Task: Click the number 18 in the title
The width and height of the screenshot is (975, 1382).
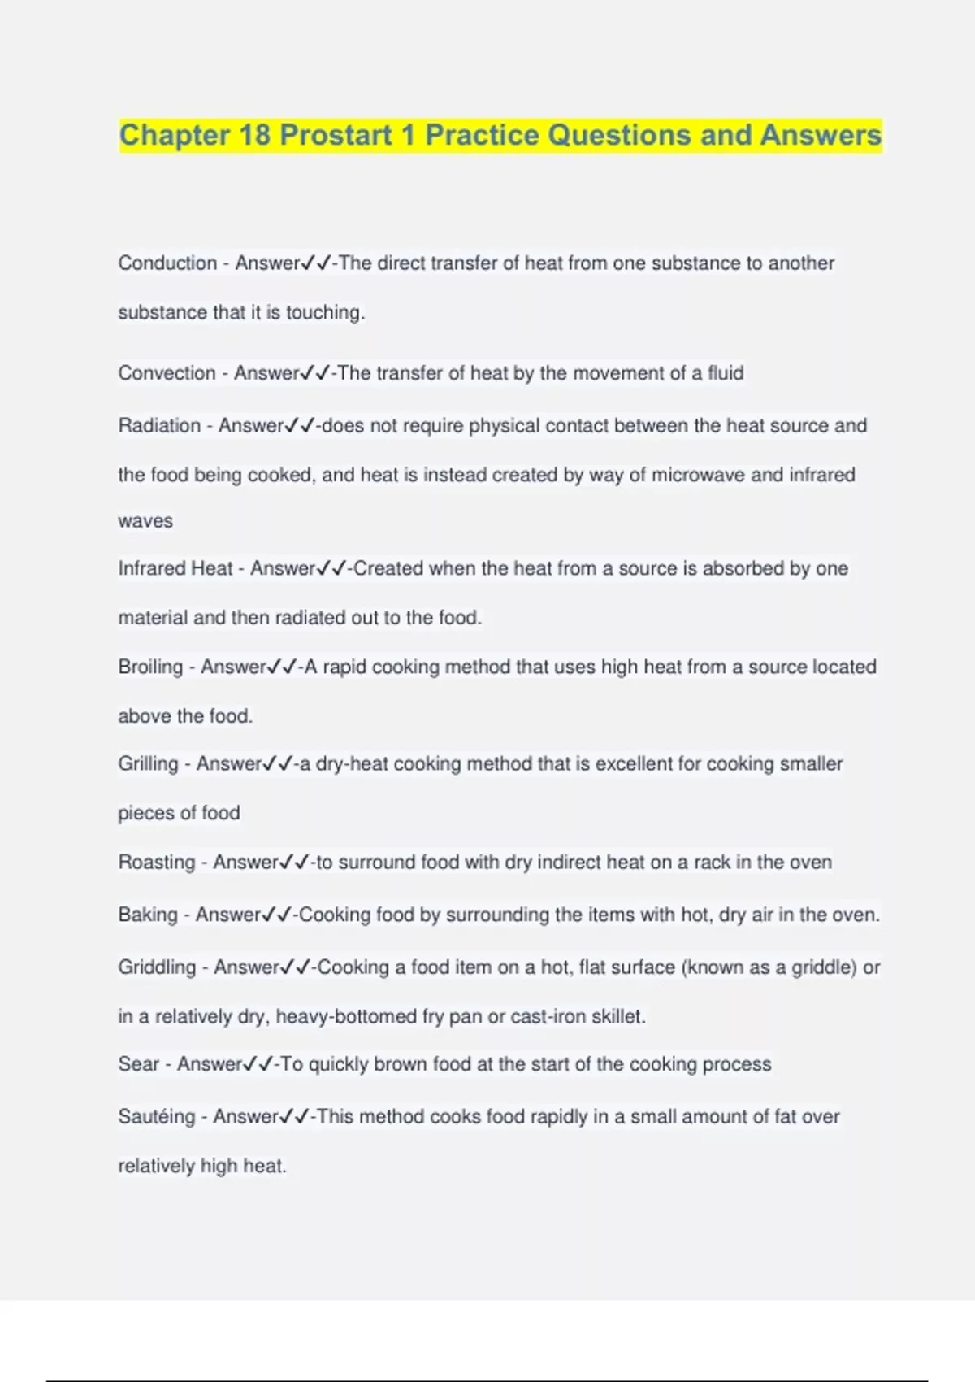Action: click(x=255, y=135)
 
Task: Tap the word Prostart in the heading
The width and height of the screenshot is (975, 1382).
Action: click(x=336, y=135)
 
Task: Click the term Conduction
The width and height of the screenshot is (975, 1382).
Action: click(x=167, y=263)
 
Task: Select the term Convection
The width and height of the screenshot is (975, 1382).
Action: click(x=167, y=373)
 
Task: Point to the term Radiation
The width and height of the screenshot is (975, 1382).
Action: click(x=159, y=426)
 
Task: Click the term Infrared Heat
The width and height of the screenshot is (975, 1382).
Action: click(x=175, y=568)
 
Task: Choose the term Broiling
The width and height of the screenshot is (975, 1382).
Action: click(x=150, y=667)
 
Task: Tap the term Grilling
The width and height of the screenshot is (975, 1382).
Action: click(x=148, y=764)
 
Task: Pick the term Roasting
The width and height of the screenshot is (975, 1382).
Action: click(x=157, y=863)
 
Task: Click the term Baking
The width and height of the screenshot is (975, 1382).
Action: click(x=148, y=915)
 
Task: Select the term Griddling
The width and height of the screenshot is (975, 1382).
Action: click(x=157, y=967)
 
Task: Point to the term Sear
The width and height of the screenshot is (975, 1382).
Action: click(x=138, y=1064)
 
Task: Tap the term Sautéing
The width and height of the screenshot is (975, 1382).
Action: click(x=157, y=1117)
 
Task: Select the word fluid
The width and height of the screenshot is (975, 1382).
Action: click(x=726, y=373)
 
